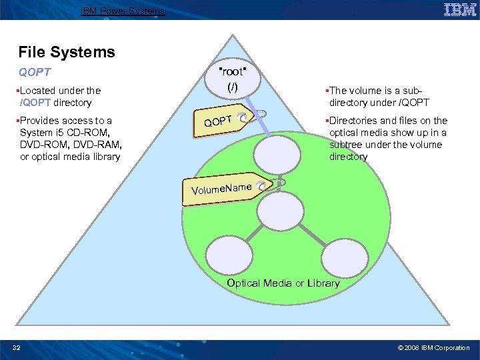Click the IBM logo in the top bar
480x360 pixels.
[x=459, y=9]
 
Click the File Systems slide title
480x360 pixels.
[x=67, y=52]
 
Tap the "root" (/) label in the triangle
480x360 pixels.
[x=232, y=79]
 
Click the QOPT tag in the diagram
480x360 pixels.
[x=219, y=121]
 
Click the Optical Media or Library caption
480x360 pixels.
[x=283, y=283]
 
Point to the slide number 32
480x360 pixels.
[x=17, y=347]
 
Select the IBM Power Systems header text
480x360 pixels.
[x=123, y=11]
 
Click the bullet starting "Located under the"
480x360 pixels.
[x=60, y=97]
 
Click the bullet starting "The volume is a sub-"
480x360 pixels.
[x=377, y=97]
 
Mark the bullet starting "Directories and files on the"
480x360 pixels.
[x=385, y=139]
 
